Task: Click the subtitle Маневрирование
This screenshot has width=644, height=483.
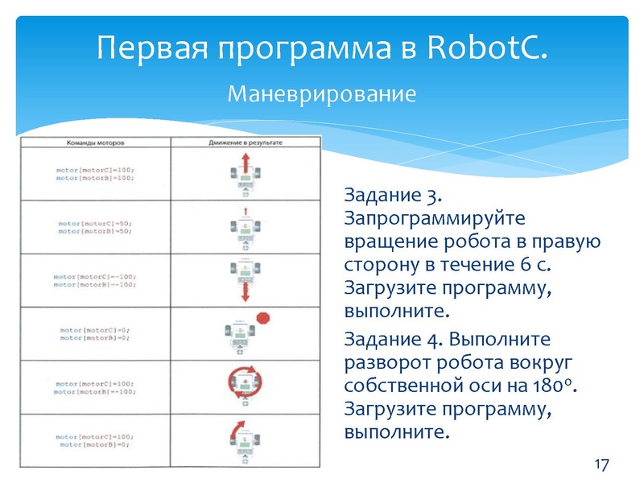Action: pos(321,94)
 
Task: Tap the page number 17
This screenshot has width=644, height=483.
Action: pos(601,464)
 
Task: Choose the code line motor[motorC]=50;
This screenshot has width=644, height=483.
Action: pos(94,223)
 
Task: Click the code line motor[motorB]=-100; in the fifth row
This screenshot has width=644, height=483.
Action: pos(94,392)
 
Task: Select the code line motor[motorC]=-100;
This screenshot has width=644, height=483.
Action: pos(94,276)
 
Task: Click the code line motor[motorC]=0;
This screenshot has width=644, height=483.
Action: pos(94,330)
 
